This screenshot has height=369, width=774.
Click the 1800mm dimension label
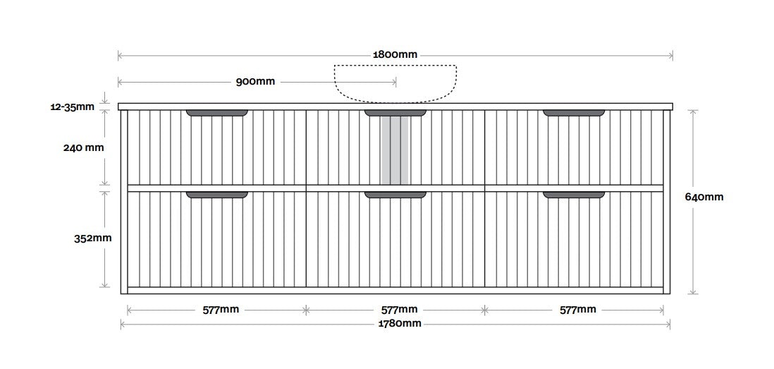(395, 54)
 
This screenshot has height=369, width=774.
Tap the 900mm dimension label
(255, 82)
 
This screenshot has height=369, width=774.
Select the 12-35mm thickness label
(72, 107)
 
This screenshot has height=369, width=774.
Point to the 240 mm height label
(83, 147)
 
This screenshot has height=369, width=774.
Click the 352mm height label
(93, 238)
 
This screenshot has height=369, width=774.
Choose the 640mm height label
(704, 197)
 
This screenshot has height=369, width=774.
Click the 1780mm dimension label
(399, 324)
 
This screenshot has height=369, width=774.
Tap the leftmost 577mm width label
(221, 310)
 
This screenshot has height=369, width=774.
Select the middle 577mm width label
(400, 310)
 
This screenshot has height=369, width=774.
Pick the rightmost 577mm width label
(577, 310)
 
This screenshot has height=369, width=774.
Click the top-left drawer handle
(216, 113)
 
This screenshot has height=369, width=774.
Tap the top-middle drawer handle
(395, 113)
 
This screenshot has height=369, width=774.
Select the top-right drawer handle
(574, 113)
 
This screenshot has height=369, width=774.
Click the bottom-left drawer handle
(216, 195)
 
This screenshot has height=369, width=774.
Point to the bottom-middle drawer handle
(395, 195)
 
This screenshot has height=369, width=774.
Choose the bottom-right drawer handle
(574, 195)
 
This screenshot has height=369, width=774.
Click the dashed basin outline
(395, 66)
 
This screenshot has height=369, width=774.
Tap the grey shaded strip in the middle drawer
(395, 151)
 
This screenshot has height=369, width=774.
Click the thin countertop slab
(395, 107)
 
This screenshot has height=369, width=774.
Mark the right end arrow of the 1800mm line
(671, 55)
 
